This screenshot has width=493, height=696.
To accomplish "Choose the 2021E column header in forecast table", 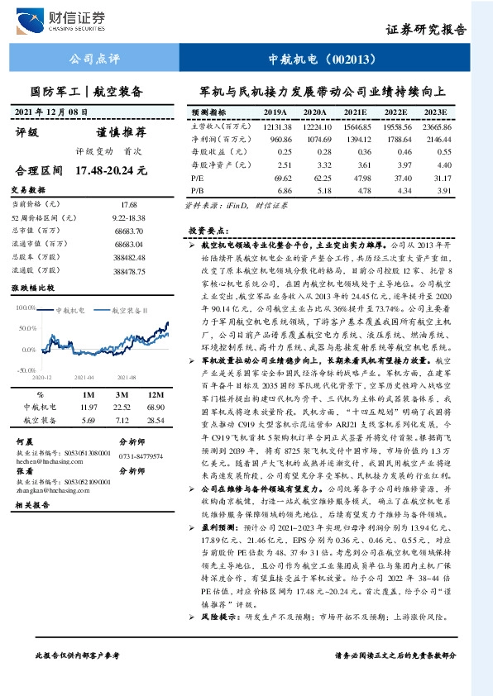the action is pyautogui.click(x=357, y=112).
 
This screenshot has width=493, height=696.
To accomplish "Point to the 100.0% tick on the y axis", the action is pyautogui.click(x=26, y=307).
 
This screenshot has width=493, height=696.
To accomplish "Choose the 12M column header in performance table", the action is pyautogui.click(x=156, y=394).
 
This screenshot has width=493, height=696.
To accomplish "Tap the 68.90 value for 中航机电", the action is pyautogui.click(x=156, y=407).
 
